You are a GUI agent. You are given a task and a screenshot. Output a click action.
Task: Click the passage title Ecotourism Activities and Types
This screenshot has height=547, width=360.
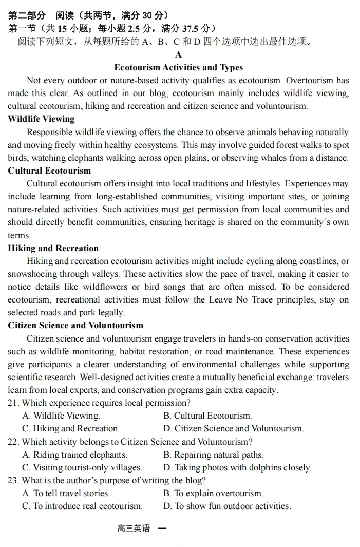[x=178, y=68]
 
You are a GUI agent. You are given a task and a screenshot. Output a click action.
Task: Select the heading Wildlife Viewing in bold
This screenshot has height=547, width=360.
[x=41, y=119]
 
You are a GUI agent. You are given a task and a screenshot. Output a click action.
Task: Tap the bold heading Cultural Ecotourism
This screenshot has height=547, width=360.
[x=49, y=171]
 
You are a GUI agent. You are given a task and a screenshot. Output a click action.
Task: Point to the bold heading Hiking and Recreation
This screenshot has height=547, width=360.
[x=53, y=249]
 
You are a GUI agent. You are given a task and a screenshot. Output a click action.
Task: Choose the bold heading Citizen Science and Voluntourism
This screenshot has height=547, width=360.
[x=75, y=326]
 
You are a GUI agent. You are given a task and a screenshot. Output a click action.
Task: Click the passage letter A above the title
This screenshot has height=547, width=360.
[x=178, y=55]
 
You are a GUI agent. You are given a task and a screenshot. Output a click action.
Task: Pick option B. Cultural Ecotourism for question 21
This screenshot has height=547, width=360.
[x=208, y=416]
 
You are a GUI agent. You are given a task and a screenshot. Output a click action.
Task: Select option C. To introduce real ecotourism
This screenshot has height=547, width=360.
[x=82, y=506]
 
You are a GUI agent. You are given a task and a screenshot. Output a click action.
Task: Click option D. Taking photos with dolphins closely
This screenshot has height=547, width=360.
[x=237, y=468]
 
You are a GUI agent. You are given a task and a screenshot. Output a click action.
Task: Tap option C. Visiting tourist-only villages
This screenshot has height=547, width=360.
[x=82, y=468]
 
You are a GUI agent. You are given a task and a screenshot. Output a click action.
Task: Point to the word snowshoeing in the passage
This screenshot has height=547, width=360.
[x=31, y=274]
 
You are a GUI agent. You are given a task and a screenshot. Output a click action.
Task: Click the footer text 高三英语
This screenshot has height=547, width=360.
[x=134, y=529]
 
